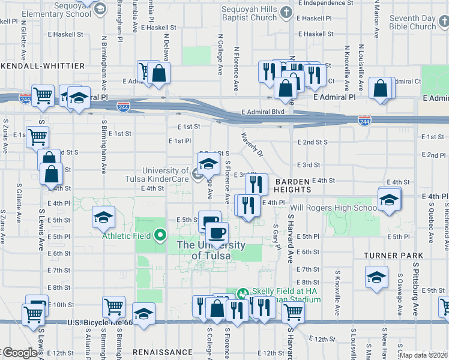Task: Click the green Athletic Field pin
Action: [x=160, y=235]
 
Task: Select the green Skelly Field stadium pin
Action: [x=243, y=294]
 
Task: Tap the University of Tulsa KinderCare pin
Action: [x=198, y=174]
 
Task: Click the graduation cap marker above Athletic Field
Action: [x=103, y=217]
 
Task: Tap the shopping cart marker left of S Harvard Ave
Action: [x=292, y=311]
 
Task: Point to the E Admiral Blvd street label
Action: [x=262, y=112]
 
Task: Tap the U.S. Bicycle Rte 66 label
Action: [x=96, y=323]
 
